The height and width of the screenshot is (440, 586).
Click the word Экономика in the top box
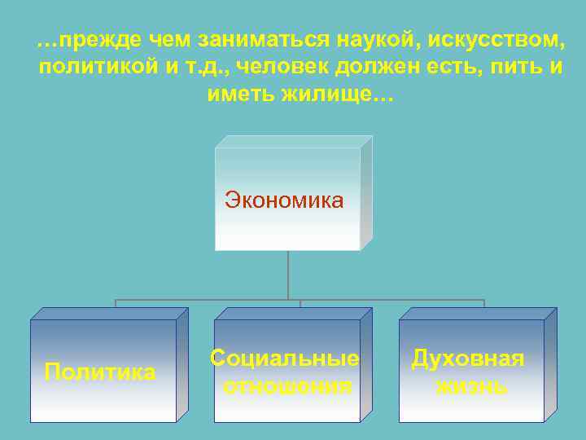click(284, 200)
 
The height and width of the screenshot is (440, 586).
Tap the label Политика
click(100, 373)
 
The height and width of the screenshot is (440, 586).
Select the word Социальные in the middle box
click(284, 359)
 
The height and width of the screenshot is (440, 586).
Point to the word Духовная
click(468, 359)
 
